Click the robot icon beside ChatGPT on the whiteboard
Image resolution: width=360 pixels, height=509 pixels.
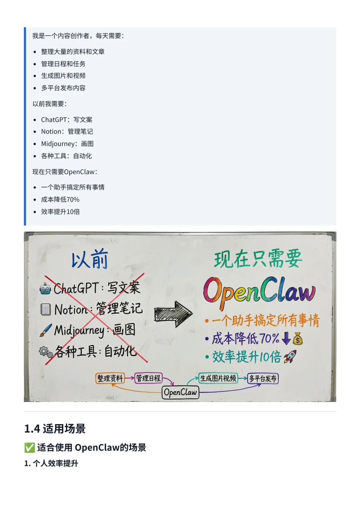point(45,288)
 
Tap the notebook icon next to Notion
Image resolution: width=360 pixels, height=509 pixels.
point(45,309)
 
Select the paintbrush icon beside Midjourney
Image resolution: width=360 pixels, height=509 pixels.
point(46,330)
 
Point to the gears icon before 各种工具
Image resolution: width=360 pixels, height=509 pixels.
point(46,352)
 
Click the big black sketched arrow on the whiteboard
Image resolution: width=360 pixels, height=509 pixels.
point(173,314)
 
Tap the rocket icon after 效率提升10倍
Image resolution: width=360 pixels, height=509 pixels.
point(290,356)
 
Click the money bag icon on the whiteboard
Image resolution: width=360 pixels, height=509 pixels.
point(298,339)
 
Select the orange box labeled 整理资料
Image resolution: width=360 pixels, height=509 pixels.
point(110,378)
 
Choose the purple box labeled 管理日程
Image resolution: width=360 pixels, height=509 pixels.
point(148,378)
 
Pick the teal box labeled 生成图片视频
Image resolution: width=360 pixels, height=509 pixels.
point(218,378)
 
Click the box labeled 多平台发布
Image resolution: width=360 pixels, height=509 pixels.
point(263,378)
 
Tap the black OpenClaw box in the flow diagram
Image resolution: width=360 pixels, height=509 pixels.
point(180,392)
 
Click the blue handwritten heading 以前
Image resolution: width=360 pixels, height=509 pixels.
point(90,259)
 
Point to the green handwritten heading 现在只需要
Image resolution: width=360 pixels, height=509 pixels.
point(258,259)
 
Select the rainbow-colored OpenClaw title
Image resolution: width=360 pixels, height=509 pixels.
point(259,291)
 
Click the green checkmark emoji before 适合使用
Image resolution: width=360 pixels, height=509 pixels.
point(29,447)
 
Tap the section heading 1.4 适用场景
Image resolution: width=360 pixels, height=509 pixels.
point(55,429)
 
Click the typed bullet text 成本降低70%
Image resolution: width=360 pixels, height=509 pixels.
point(60,200)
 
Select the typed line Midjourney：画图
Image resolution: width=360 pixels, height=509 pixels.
point(67,144)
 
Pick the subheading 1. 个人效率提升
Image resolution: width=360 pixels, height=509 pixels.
point(51,463)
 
